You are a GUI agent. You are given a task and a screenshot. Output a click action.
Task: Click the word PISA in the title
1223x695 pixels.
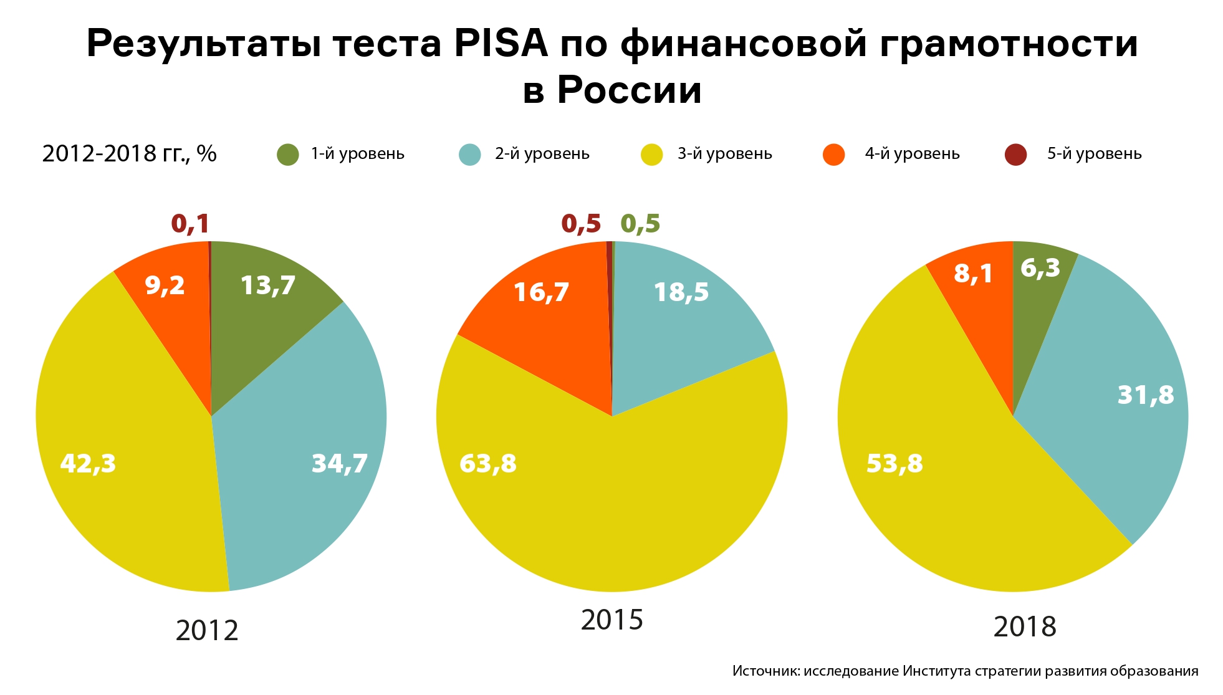(501, 44)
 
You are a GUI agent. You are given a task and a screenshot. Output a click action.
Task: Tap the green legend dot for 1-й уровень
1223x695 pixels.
(288, 155)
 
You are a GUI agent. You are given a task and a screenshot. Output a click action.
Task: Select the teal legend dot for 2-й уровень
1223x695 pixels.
(470, 155)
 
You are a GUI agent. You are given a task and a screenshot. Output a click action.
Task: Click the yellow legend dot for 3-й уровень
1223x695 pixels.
(652, 155)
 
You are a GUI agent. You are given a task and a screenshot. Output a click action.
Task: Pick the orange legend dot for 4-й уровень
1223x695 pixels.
(833, 155)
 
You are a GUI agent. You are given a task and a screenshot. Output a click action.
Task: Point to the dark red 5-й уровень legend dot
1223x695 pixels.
(1015, 155)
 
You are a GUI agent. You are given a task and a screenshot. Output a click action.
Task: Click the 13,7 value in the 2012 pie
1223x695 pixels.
(268, 285)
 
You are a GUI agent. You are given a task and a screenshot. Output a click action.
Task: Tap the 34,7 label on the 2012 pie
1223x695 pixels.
(340, 463)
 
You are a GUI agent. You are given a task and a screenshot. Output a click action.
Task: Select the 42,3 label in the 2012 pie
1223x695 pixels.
(88, 463)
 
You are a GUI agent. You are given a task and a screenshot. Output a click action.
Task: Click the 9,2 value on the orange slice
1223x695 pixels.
(165, 285)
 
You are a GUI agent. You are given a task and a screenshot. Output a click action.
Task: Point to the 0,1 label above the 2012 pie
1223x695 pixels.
(190, 224)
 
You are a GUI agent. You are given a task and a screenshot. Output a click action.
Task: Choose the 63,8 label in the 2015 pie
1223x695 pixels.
(488, 463)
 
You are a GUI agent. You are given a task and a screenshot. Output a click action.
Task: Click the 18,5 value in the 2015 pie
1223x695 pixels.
(681, 292)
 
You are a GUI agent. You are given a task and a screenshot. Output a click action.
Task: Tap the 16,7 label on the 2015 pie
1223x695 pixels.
(541, 292)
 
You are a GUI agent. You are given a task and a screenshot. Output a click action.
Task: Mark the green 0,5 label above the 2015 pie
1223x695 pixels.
(640, 224)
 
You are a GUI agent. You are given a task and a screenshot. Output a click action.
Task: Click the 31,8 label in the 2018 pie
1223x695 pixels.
(1146, 395)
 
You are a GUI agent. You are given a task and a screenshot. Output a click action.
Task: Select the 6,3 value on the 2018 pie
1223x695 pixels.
(1040, 268)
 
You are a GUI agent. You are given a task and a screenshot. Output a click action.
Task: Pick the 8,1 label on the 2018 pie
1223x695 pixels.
(973, 273)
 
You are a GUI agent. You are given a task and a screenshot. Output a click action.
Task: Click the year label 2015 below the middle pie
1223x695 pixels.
(611, 620)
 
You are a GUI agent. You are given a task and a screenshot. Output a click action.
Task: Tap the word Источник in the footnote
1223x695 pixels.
(765, 671)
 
